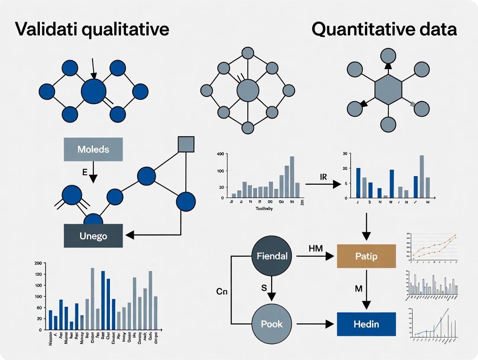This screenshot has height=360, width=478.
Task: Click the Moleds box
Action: click(93, 150)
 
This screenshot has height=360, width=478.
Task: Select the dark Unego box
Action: click(93, 236)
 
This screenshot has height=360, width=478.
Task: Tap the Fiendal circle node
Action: click(271, 256)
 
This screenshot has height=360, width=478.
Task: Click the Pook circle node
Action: click(271, 324)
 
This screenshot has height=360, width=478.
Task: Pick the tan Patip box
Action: click(366, 256)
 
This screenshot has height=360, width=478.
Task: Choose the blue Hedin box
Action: click(366, 324)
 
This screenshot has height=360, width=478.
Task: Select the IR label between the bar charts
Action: click(323, 177)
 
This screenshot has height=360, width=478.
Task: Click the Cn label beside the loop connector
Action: click(222, 291)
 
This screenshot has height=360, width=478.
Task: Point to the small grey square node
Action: click(186, 145)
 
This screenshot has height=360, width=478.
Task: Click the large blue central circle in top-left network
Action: click(94, 91)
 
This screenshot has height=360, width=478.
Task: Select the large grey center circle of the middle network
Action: click(248, 91)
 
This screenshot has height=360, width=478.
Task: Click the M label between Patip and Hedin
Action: click(358, 289)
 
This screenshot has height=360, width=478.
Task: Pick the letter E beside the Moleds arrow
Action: click(84, 172)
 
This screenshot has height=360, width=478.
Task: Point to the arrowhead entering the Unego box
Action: click(129, 235)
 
